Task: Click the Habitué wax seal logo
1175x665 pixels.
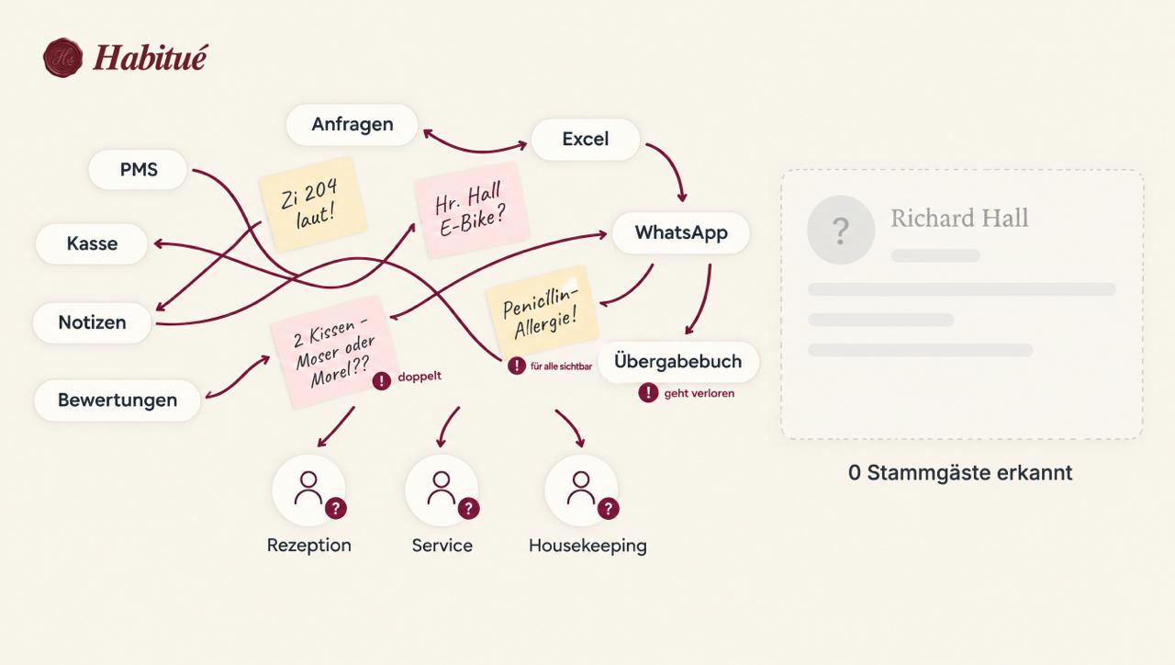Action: (x=62, y=58)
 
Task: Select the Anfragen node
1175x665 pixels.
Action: (x=352, y=124)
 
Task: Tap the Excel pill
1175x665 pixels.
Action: (x=586, y=139)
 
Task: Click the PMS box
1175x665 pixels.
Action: (x=138, y=170)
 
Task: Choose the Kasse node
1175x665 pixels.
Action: (x=92, y=243)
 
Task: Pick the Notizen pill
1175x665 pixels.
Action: (x=92, y=322)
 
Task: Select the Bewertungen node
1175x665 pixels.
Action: (x=117, y=400)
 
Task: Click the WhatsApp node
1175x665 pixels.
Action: (x=681, y=232)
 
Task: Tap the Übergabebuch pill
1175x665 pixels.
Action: (x=678, y=362)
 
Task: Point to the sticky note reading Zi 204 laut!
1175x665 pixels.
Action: (x=313, y=204)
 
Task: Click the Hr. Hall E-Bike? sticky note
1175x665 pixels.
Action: (x=471, y=210)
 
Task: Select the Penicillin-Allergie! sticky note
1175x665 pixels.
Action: (x=542, y=311)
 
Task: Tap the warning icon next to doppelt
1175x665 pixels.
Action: (x=381, y=380)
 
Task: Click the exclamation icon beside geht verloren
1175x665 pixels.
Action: (x=648, y=392)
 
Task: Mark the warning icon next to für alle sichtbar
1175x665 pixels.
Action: (x=517, y=366)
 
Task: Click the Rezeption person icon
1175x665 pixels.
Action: (x=309, y=490)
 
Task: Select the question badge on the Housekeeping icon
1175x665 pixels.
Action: (x=608, y=508)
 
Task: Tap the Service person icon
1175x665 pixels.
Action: (x=442, y=490)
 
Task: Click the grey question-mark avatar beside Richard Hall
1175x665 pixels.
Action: (x=841, y=230)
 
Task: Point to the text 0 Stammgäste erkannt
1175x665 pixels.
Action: (x=960, y=473)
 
